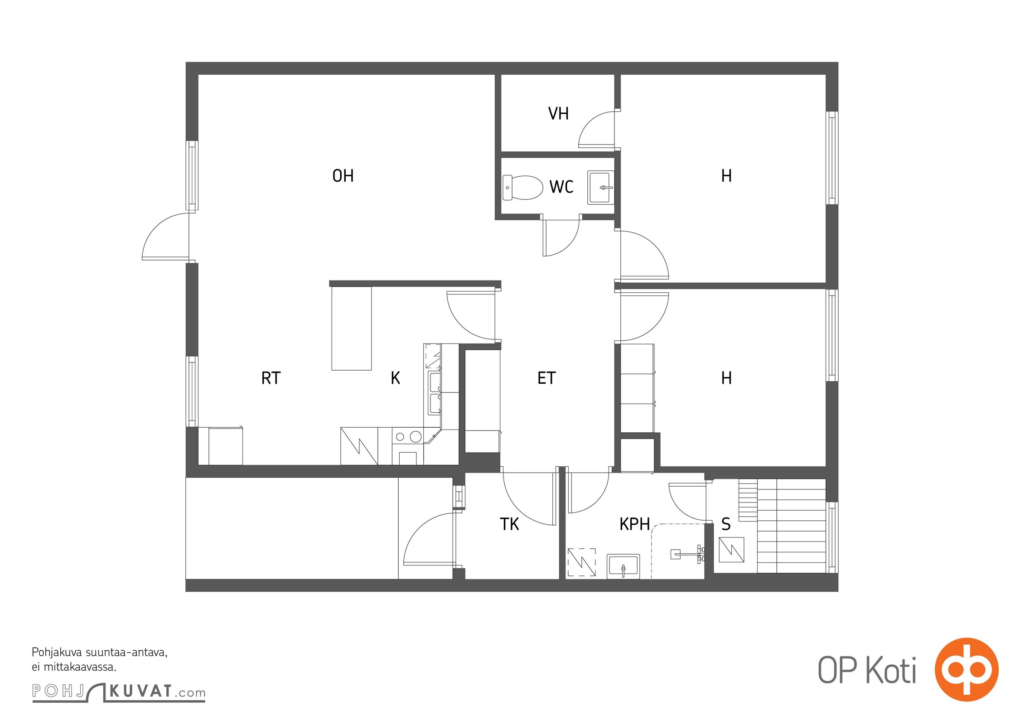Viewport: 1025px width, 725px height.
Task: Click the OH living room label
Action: click(x=343, y=176)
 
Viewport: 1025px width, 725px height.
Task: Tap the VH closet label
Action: click(x=558, y=114)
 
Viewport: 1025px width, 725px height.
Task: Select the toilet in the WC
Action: click(x=522, y=188)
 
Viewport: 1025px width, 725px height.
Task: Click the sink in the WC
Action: click(x=601, y=187)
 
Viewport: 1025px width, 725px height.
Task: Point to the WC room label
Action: click(x=561, y=187)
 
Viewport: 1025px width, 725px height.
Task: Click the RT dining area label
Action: click(x=271, y=378)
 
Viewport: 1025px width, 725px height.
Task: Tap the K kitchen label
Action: click(x=395, y=378)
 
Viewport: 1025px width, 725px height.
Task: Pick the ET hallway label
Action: click(x=546, y=378)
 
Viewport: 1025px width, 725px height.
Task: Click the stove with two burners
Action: click(x=408, y=446)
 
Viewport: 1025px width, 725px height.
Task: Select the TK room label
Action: click(x=509, y=524)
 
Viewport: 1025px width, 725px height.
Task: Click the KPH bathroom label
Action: click(x=634, y=524)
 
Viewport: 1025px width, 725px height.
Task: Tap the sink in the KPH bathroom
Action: click(x=623, y=566)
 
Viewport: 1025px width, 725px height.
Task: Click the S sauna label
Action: click(x=726, y=524)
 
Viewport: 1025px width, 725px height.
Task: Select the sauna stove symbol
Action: click(x=732, y=550)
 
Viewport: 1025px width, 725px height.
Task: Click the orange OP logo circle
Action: click(x=967, y=669)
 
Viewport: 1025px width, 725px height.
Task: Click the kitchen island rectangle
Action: click(x=352, y=329)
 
